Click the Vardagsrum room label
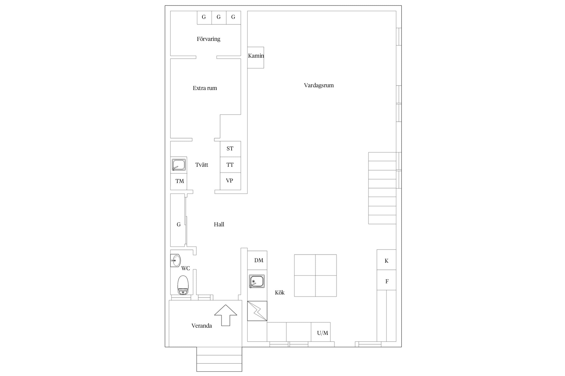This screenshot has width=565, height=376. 319,85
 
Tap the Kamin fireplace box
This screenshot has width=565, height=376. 256,57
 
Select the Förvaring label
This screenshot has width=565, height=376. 208,39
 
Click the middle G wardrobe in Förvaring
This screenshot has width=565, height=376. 219,18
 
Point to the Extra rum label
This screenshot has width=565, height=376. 205,88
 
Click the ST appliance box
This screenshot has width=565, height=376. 230,149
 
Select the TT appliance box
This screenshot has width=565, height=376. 230,165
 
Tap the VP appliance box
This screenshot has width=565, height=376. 230,181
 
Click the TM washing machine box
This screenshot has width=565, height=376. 179,181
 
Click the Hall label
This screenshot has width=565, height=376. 219,225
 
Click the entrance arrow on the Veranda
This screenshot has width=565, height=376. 225,315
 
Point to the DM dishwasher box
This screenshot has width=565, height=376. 257,260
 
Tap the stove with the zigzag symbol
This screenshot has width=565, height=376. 257,311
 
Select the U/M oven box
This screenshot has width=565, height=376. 321,332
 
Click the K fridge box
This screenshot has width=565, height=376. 386,260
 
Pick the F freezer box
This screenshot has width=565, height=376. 386,280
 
